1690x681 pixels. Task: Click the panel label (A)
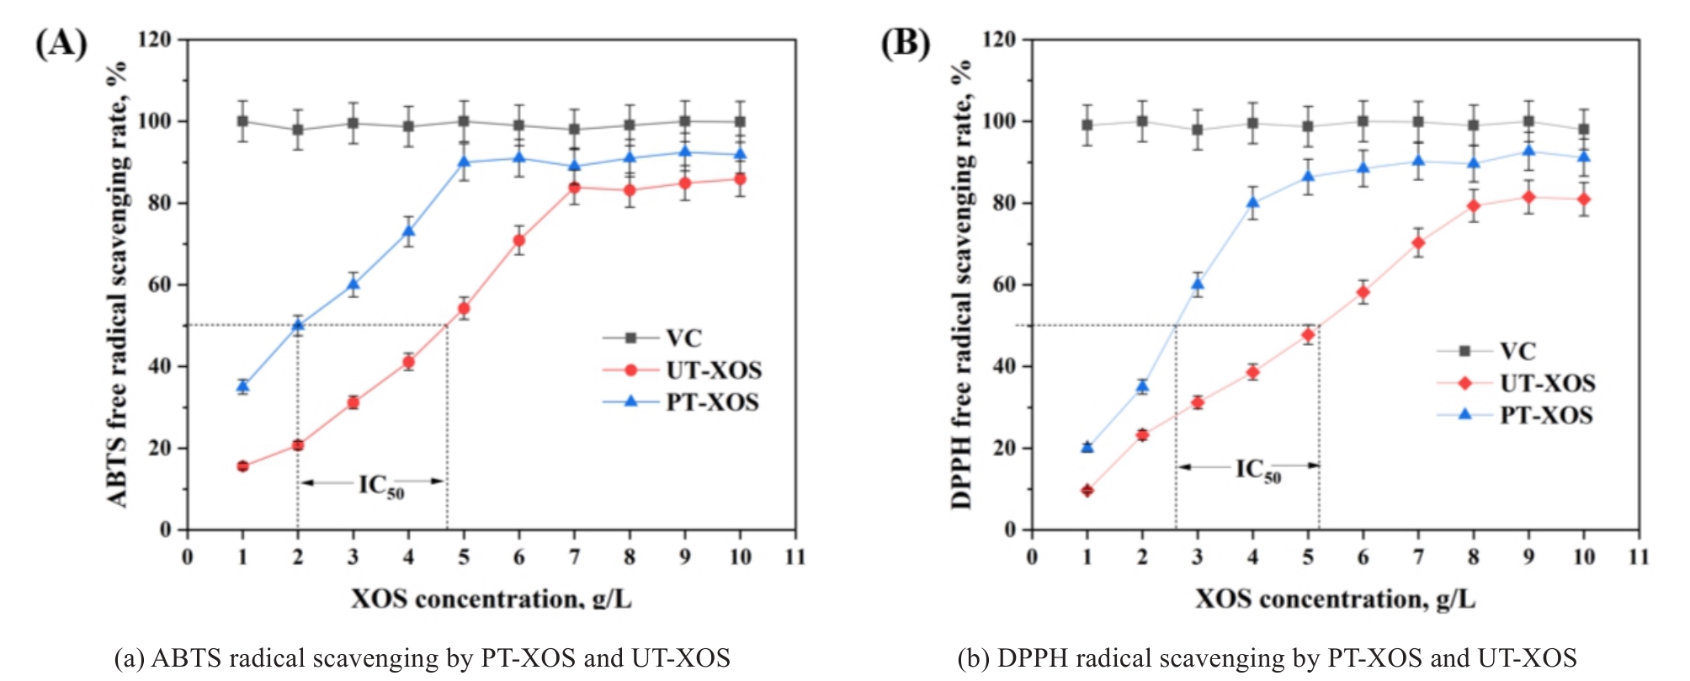61,43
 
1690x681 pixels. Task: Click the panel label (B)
905,43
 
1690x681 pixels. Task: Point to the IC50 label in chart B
1257,470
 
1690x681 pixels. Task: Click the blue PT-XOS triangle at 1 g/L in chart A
243,386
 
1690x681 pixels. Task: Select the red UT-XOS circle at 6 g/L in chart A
519,241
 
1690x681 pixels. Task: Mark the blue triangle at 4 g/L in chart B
1253,202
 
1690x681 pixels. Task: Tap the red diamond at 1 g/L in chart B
1087,490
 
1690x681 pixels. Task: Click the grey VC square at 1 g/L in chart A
243,121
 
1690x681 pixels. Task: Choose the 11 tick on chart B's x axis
1639,556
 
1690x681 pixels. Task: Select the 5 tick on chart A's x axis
464,556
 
